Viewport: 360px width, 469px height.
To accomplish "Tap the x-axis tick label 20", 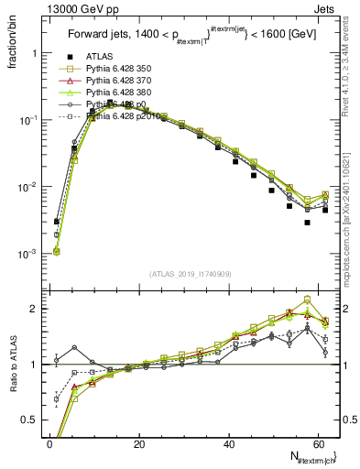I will click(x=139, y=443).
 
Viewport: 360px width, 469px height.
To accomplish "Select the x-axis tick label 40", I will click(x=229, y=443).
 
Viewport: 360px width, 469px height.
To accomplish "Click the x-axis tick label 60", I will click(x=318, y=443).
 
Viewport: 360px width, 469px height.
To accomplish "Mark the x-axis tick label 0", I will click(x=50, y=443).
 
